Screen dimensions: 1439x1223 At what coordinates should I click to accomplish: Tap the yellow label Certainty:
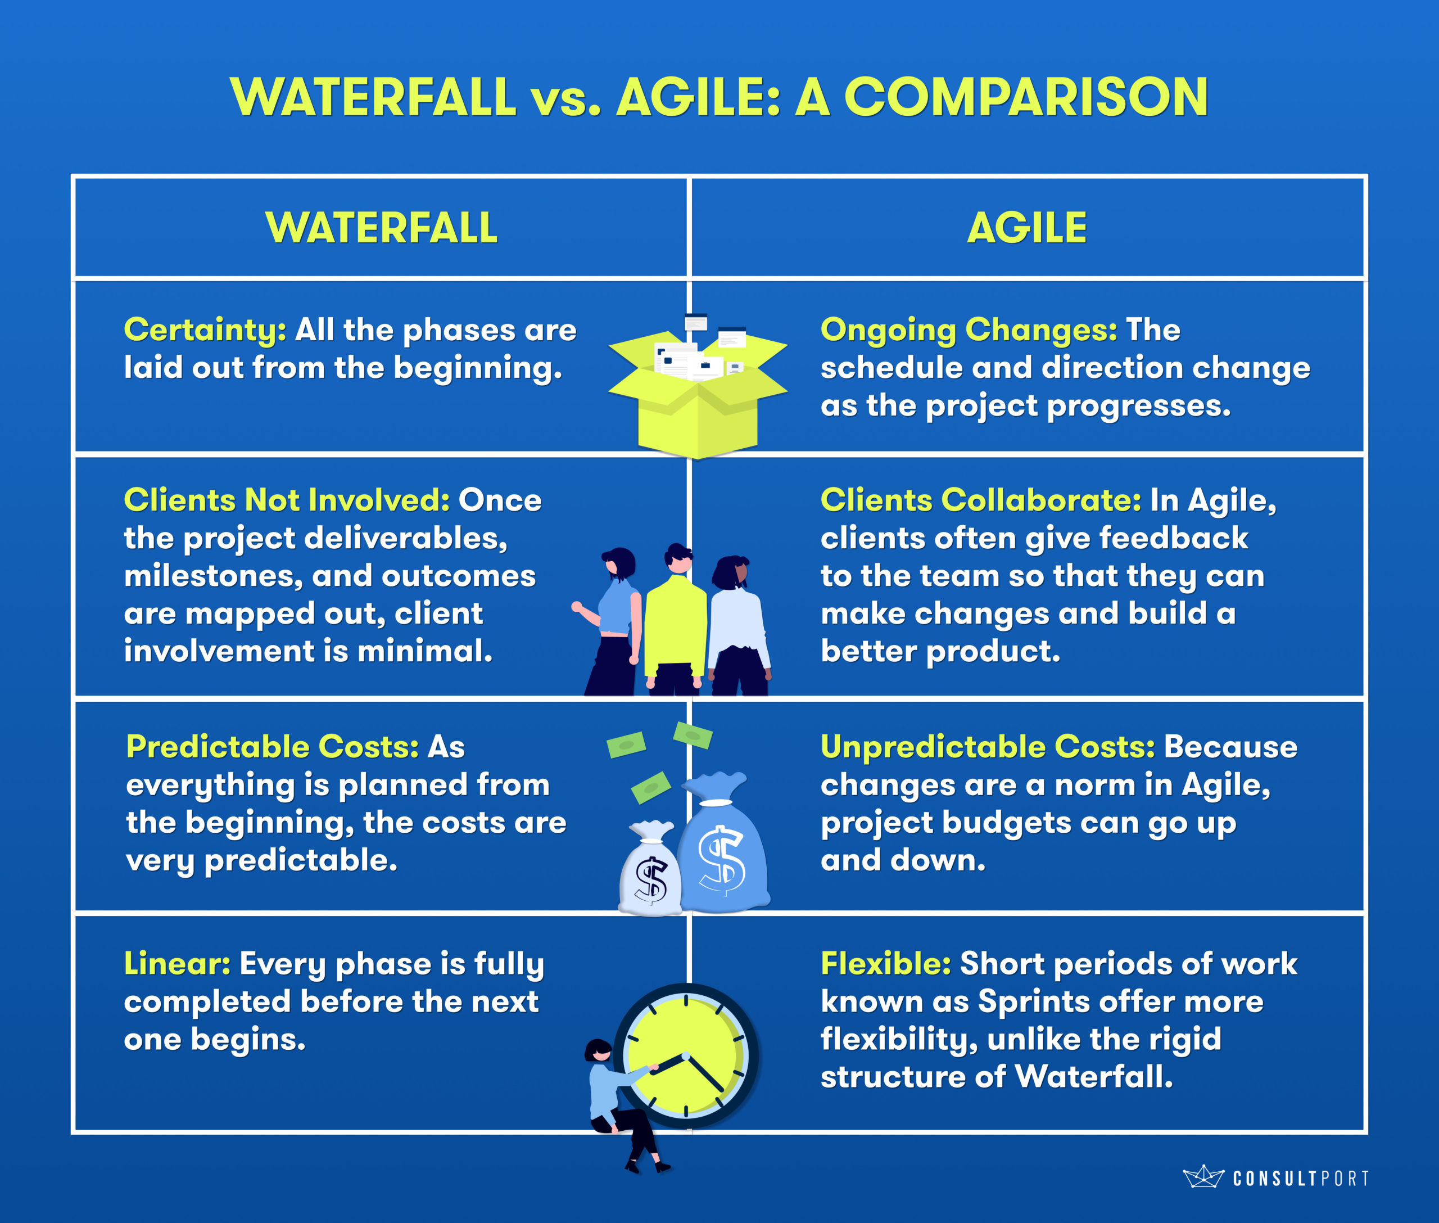click(205, 331)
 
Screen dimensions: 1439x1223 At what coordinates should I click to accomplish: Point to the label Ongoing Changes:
click(969, 331)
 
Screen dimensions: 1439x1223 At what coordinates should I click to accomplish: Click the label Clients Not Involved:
click(287, 500)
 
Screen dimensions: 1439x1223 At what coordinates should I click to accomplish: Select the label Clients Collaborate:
click(981, 500)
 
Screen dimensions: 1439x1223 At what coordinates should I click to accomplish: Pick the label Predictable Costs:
click(273, 747)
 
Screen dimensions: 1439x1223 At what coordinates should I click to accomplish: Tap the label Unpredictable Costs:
click(988, 747)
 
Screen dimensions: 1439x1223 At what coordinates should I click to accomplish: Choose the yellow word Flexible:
click(886, 964)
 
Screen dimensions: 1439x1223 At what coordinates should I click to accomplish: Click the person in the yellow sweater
click(676, 620)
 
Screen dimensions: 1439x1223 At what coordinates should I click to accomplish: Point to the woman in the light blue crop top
click(613, 621)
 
